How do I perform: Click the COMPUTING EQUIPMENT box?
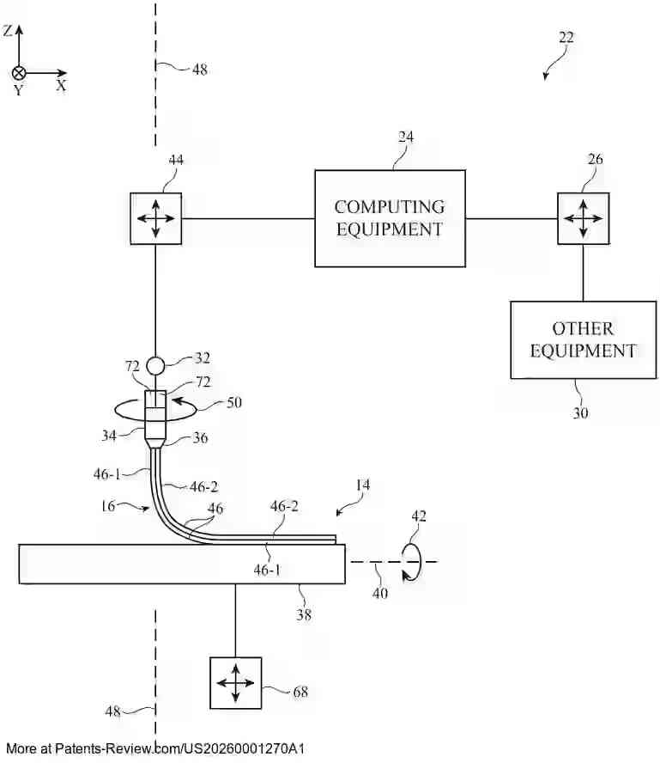pos(390,218)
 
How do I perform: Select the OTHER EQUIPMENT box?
pos(583,339)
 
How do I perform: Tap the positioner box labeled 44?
pos(155,218)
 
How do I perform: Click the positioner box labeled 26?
pos(583,218)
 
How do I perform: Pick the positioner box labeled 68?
pos(235,683)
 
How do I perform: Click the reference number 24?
pos(406,137)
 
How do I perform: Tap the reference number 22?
pos(566,38)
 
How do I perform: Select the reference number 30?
pos(581,413)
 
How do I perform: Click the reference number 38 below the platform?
pos(304,614)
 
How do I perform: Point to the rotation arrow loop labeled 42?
pos(413,562)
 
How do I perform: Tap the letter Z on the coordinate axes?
pos(8,31)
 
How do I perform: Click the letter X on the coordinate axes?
pos(62,86)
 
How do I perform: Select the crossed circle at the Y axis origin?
pos(19,73)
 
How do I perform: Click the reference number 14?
pos(363,485)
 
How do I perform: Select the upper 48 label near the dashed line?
pos(199,70)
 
